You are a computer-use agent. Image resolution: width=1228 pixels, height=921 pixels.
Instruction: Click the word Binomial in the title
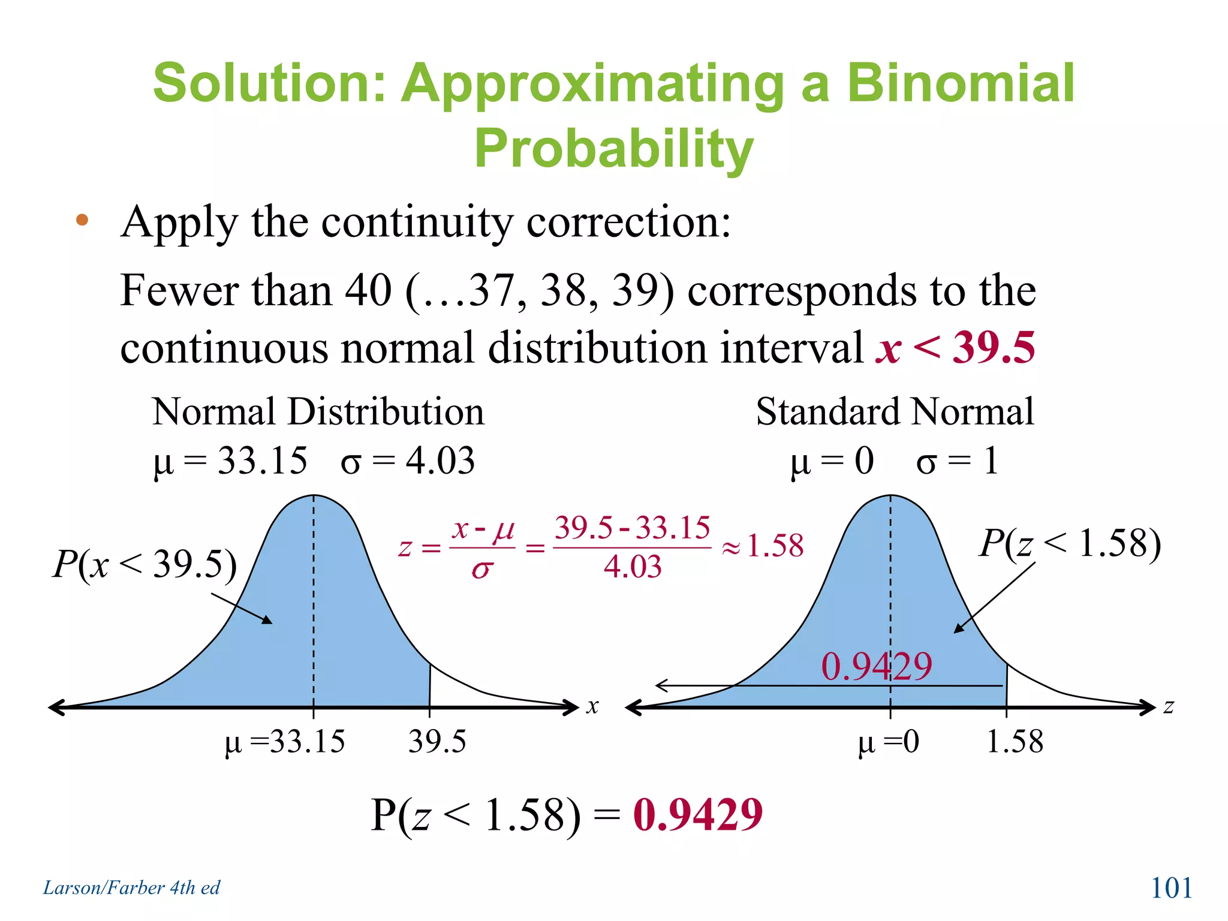(x=960, y=83)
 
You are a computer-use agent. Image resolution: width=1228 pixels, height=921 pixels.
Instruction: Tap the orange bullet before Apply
(x=82, y=221)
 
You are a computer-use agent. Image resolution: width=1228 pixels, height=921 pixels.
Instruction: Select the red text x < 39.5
(x=955, y=347)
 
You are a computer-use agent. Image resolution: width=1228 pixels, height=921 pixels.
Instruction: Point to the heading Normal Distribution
(x=318, y=412)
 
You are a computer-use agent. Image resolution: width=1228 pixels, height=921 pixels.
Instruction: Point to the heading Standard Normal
(x=894, y=412)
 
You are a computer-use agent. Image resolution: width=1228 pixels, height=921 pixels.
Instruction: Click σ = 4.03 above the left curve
(x=408, y=461)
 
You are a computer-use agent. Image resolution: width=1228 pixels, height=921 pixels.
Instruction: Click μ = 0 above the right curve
(x=832, y=461)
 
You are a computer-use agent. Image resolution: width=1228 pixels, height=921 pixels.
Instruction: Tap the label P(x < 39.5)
(x=145, y=564)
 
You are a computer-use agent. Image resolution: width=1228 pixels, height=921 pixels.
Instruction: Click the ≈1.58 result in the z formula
(x=763, y=546)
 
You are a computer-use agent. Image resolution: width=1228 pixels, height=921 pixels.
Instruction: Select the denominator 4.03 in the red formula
(x=632, y=567)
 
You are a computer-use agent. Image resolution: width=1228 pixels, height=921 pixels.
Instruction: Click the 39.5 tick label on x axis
(x=437, y=742)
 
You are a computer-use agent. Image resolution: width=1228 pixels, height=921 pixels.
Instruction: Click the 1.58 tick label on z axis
(x=1015, y=742)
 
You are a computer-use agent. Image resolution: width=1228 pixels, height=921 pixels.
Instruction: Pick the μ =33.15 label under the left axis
(x=285, y=742)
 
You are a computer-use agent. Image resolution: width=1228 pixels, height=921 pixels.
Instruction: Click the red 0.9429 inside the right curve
(x=876, y=666)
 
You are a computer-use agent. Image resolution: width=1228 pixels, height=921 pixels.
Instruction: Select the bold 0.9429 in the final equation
(x=697, y=815)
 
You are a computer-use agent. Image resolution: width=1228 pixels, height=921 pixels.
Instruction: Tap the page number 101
(x=1170, y=887)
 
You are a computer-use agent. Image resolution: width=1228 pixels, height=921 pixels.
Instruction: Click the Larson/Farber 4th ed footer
(x=131, y=887)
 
